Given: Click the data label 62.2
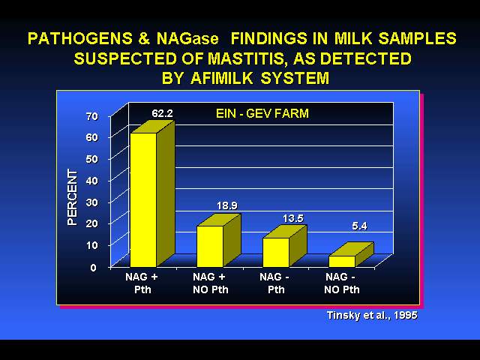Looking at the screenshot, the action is click(x=162, y=113).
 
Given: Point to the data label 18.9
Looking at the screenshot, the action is click(x=227, y=205).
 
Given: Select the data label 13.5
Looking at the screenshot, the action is click(x=293, y=218).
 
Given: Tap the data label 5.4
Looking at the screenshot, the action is click(x=359, y=226).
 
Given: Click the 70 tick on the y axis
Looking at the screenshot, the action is click(x=91, y=116).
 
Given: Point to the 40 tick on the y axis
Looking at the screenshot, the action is click(x=91, y=180).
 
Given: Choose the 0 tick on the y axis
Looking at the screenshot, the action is click(x=93, y=268).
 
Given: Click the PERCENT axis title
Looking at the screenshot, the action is click(x=72, y=197).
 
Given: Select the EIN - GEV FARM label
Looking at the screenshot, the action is click(x=262, y=113).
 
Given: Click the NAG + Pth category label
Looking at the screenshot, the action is click(x=142, y=283).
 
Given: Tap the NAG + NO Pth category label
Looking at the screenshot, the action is click(x=210, y=283).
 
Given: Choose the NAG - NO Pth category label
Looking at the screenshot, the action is click(x=342, y=283).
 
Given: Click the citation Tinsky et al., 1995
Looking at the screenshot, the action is click(x=372, y=315).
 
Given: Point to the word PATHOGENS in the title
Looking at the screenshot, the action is click(x=80, y=38).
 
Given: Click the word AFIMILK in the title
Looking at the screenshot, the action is click(x=222, y=78).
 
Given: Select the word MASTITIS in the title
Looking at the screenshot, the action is click(x=248, y=58).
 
